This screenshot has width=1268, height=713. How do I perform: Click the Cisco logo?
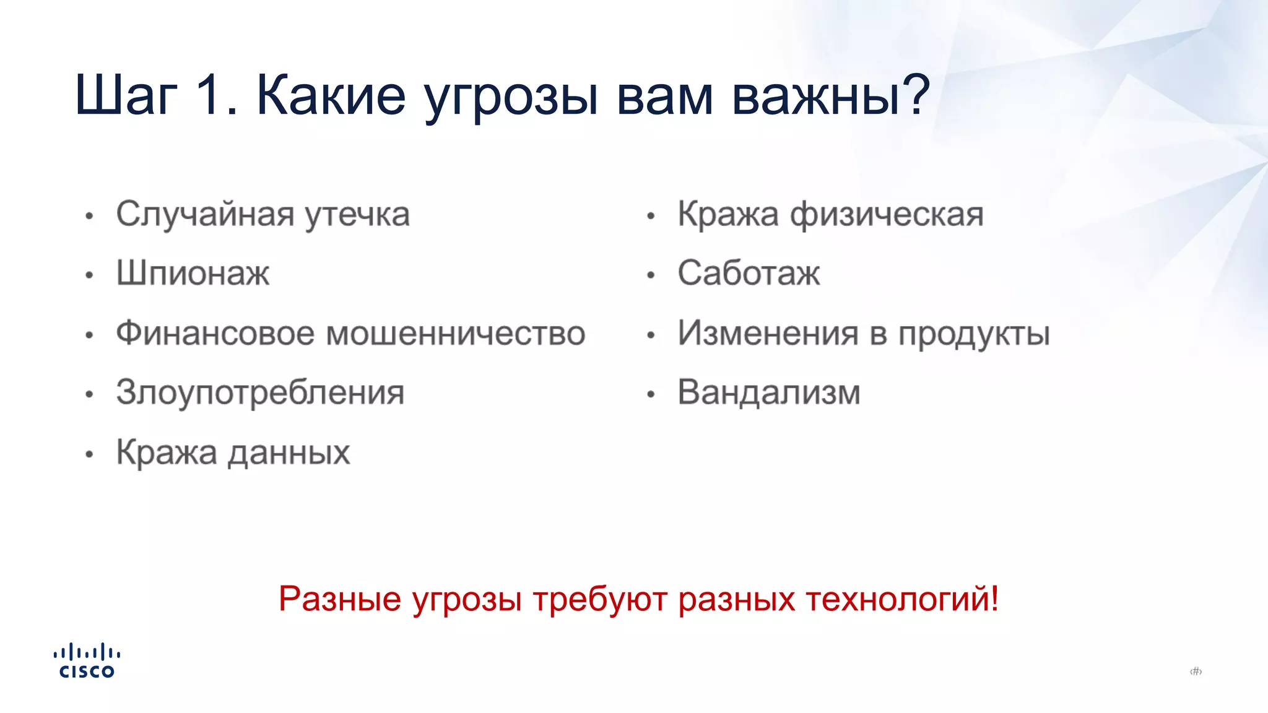[87, 661]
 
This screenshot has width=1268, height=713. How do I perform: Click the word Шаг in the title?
[126, 96]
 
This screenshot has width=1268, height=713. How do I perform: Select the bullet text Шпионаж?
[193, 273]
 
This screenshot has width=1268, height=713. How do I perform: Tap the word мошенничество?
[455, 334]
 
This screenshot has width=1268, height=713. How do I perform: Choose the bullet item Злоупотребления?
[260, 393]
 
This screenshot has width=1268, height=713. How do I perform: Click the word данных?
[289, 453]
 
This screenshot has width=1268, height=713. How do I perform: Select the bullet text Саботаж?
[748, 273]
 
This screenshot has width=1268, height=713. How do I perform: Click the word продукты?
[973, 335]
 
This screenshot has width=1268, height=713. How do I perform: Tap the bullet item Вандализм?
[768, 393]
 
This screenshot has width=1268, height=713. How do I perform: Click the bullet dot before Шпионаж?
[89, 275]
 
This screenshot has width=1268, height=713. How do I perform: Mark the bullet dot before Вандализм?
[651, 394]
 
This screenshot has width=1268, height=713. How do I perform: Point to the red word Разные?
[339, 600]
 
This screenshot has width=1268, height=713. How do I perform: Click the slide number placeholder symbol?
[1196, 672]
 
